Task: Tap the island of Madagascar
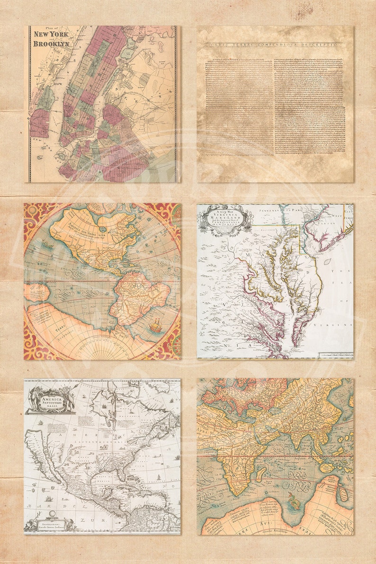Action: click(260, 474)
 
